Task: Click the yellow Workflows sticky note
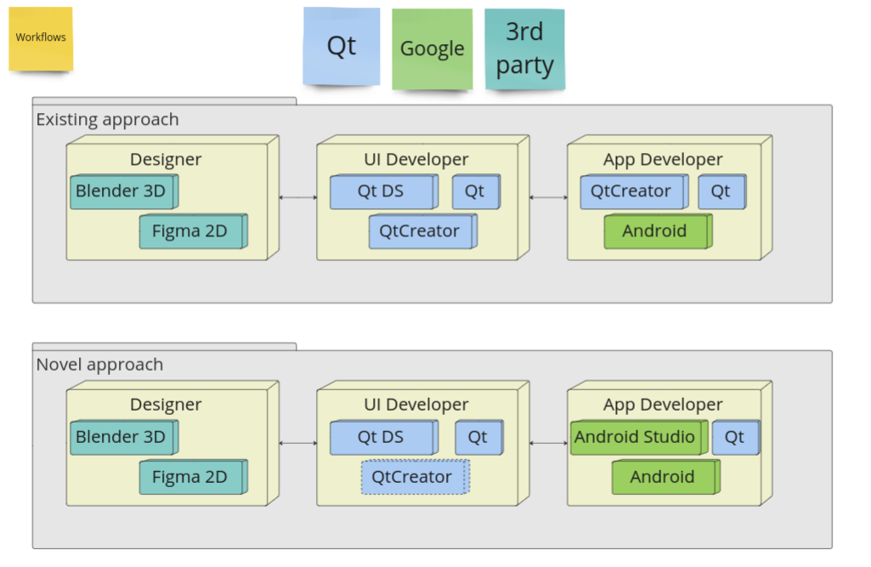(41, 38)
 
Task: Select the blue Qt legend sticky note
(342, 46)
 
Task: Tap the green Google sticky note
(432, 49)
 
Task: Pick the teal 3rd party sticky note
(524, 49)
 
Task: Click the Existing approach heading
(107, 119)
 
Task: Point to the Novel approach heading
(99, 365)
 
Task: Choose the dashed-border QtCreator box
(415, 477)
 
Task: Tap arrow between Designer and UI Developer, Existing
(297, 198)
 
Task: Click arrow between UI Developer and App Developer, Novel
(548, 444)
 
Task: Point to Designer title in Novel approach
(166, 405)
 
